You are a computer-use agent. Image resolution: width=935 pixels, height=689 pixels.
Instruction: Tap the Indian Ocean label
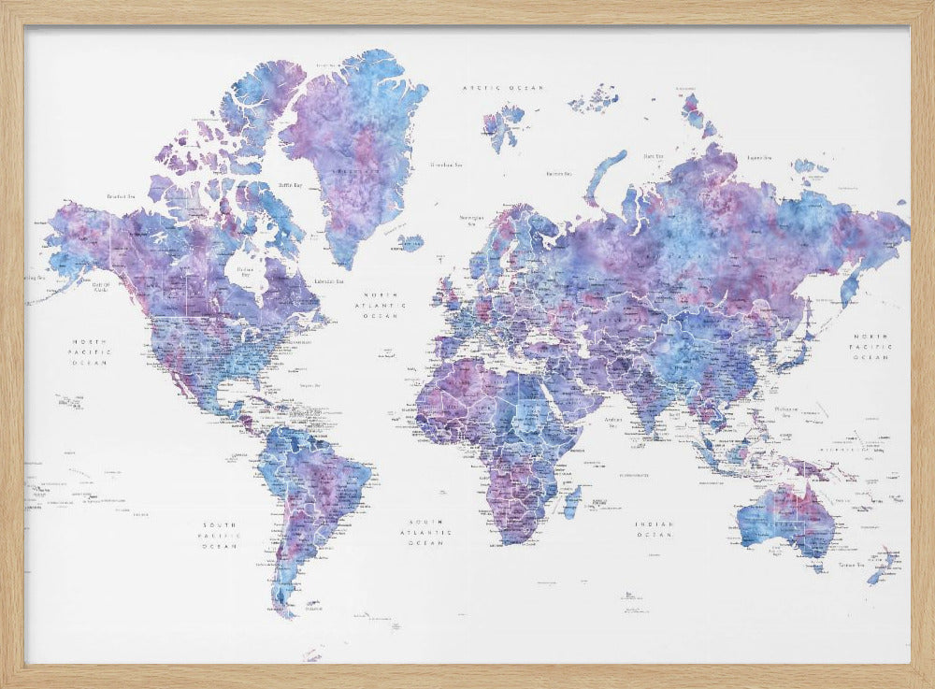654,529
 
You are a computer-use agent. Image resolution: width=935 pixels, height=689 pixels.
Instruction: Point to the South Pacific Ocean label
222,535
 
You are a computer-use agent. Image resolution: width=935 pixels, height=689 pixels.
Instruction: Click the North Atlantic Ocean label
385,305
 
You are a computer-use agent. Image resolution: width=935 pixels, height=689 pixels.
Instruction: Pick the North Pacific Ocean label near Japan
870,346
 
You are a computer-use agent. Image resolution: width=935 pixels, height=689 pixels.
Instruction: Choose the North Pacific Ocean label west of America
91,352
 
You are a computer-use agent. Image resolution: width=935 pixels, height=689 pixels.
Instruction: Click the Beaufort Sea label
122,196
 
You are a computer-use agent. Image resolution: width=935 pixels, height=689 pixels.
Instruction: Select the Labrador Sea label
327,280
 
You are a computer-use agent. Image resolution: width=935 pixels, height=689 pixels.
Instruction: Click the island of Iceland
410,243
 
